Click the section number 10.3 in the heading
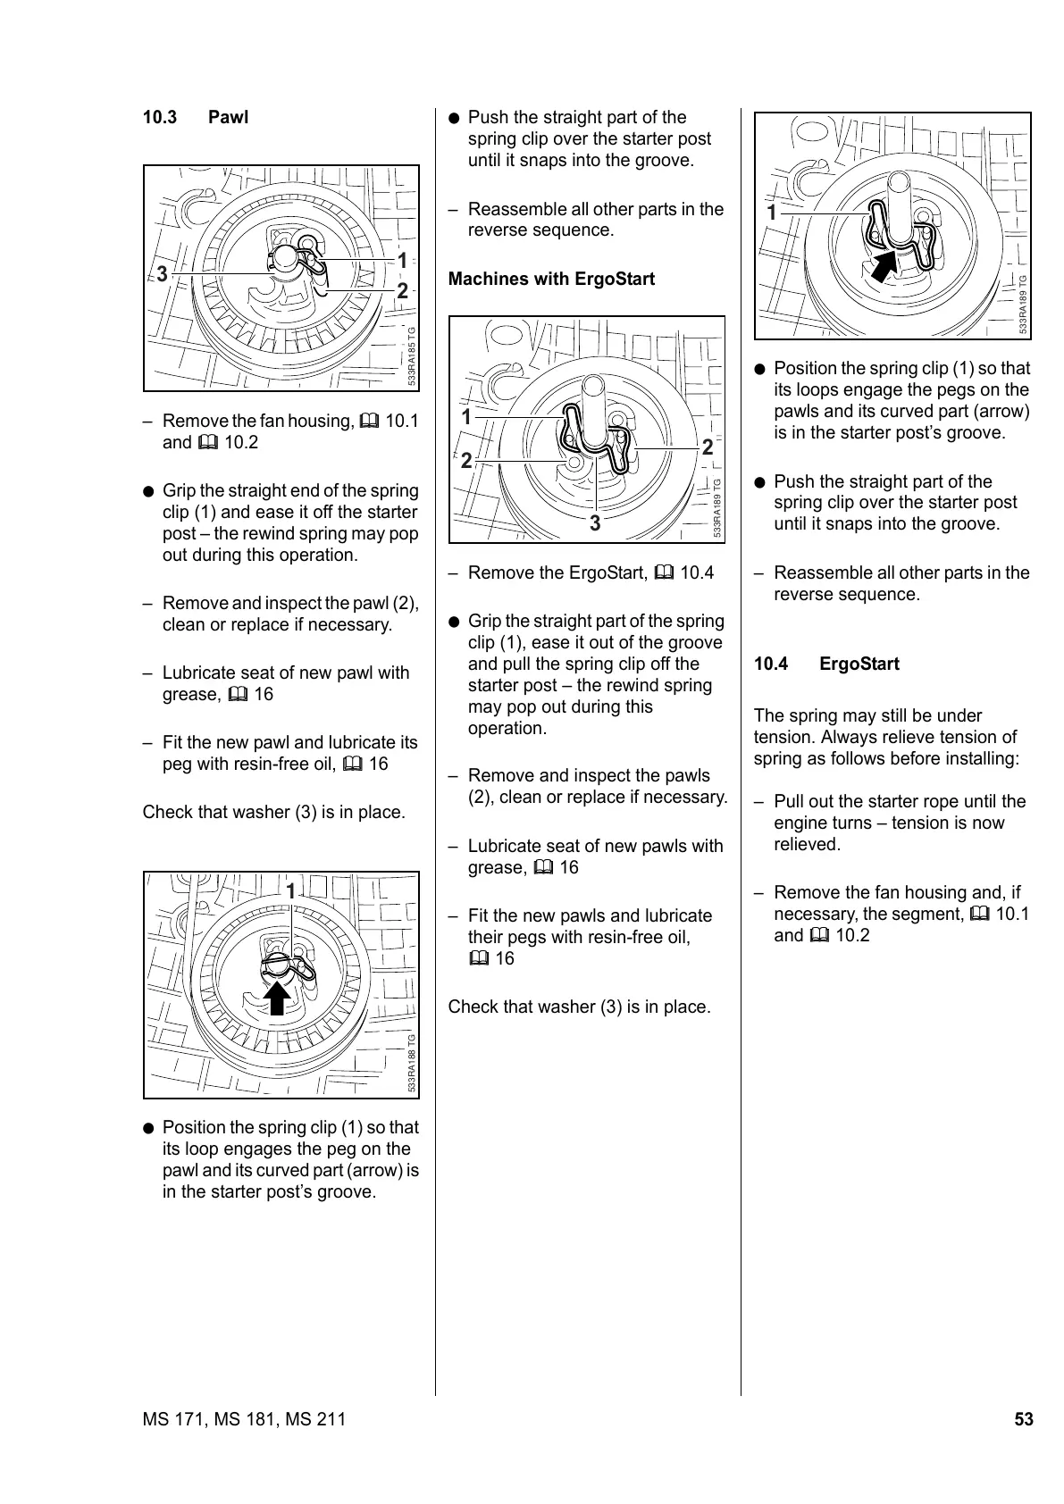(x=160, y=118)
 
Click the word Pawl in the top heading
(x=228, y=118)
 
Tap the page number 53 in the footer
(x=1023, y=1419)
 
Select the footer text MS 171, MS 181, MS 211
(x=244, y=1419)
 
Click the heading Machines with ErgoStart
(x=551, y=280)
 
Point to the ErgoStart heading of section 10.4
(x=859, y=664)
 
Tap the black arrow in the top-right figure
(x=884, y=265)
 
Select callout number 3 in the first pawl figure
(x=162, y=273)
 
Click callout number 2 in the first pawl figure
(x=402, y=291)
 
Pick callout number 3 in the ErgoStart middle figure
(x=595, y=524)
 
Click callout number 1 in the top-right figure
(x=772, y=213)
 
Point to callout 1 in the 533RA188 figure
(x=291, y=890)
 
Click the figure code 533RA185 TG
(x=412, y=356)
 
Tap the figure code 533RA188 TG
(x=412, y=1064)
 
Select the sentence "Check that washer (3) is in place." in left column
(x=274, y=813)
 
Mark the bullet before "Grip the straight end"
(x=149, y=491)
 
